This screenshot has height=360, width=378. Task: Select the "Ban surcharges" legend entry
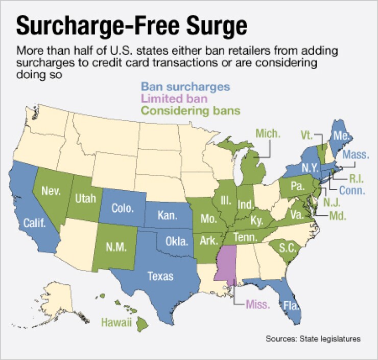(x=185, y=86)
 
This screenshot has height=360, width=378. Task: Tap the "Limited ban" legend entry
(x=174, y=98)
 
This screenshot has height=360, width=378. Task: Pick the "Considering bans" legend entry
(x=191, y=110)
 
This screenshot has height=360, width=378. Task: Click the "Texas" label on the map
(x=160, y=276)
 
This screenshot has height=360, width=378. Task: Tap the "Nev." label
(x=52, y=191)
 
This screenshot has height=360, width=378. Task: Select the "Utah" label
(x=86, y=199)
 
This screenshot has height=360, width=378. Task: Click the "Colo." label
(x=123, y=209)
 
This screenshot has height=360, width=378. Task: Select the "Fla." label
(x=291, y=307)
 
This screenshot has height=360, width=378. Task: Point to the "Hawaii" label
(x=116, y=322)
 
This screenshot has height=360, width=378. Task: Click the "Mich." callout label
(x=268, y=134)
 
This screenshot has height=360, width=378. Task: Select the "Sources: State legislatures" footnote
(x=313, y=339)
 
